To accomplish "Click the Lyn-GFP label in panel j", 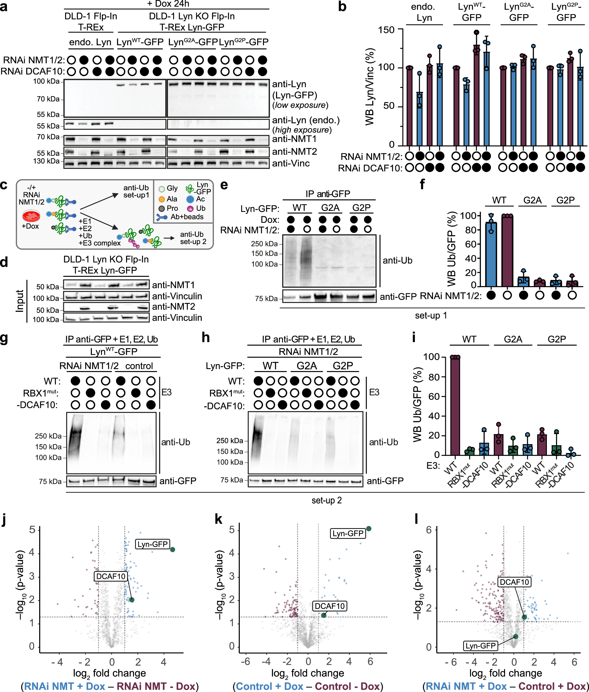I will [153, 544].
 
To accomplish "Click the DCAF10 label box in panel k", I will [330, 606].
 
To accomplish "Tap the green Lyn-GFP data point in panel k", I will [368, 528].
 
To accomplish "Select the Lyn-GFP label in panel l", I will [481, 645].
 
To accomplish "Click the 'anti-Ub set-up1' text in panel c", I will [136, 191].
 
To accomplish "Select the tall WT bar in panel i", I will [455, 406].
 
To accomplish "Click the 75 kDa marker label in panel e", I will [266, 298].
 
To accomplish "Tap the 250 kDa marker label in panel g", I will [48, 436].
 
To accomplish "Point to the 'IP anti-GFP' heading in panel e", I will [328, 194].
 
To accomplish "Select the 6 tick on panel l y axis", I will [428, 530].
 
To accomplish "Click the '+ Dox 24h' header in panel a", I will [168, 4].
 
